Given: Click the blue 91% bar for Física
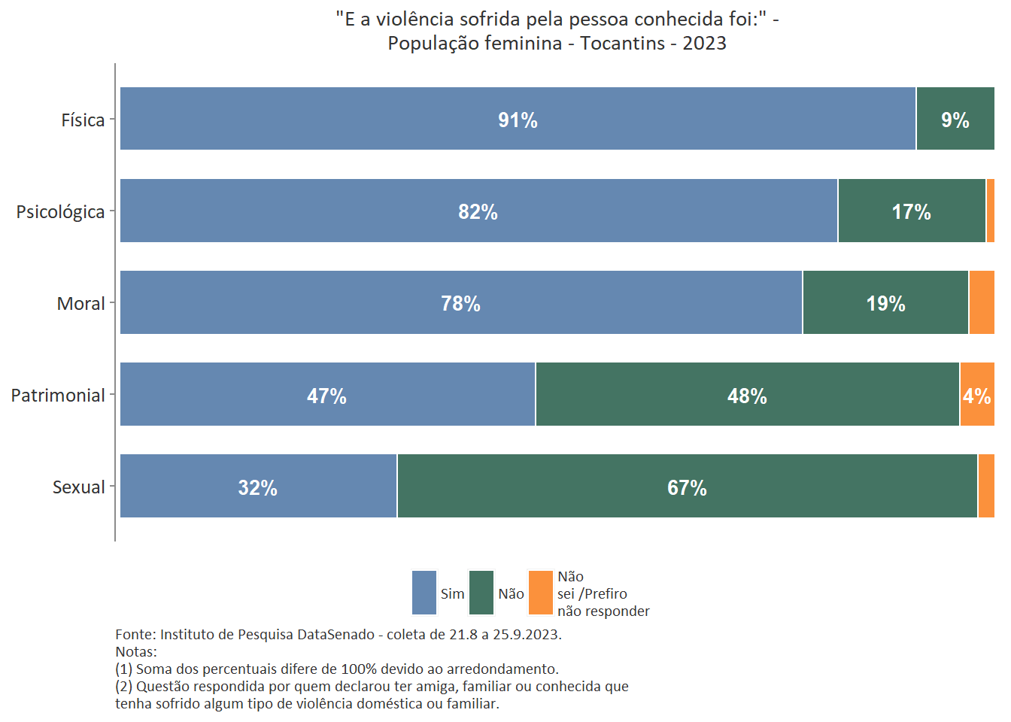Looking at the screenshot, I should (518, 119).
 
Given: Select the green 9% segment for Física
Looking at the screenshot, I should (955, 119).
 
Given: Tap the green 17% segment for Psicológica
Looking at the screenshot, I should (912, 211).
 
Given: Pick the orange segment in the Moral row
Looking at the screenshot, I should (982, 302).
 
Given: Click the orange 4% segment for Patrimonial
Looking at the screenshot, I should (977, 394).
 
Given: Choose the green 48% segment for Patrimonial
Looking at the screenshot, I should (748, 394).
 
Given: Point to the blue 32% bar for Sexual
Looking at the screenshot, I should (258, 486).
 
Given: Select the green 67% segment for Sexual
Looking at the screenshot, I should (687, 486).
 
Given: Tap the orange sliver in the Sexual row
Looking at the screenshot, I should (986, 486).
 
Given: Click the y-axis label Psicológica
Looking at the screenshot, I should (60, 212).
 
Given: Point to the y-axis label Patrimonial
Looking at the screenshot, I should (58, 396).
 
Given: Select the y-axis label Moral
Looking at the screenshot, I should (80, 304).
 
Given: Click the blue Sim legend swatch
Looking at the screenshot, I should (424, 593).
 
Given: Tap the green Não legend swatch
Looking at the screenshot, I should (481, 593).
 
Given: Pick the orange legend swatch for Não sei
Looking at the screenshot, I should (541, 593).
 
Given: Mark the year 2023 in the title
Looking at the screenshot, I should (704, 44).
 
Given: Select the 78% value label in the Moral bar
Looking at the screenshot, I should (460, 303).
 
